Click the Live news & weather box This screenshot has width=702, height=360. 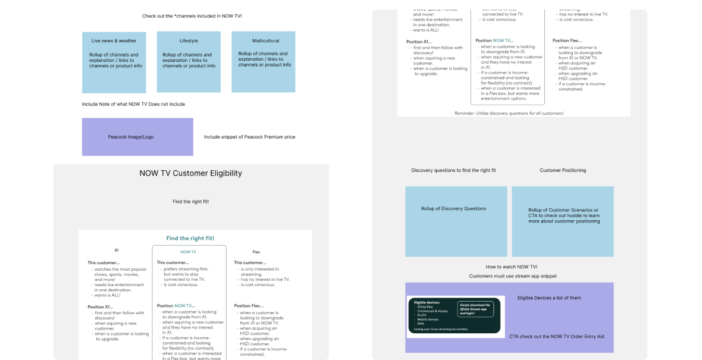114,62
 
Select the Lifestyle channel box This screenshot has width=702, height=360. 189,62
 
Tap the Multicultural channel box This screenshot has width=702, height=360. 264,62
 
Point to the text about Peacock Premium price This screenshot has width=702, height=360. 249,137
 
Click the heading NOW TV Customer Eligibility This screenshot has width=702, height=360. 190,173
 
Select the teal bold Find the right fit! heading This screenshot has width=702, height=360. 190,239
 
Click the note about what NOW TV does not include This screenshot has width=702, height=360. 133,104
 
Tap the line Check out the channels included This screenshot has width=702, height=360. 192,16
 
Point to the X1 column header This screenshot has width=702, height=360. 117,251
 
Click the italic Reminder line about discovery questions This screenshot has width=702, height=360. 513,113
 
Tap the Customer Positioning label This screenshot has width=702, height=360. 563,170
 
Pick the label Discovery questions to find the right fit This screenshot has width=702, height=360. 453,170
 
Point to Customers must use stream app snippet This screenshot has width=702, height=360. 512,276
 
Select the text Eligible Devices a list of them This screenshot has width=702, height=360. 549,298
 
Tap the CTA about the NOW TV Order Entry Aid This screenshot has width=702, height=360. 556,336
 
